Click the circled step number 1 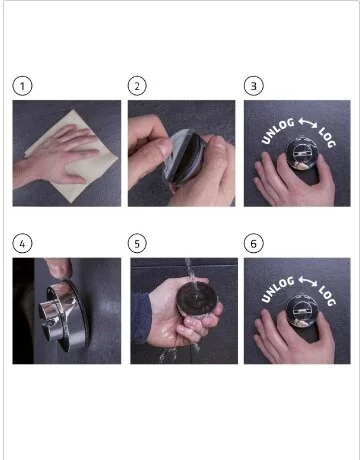click(x=22, y=86)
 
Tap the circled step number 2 click(x=137, y=86)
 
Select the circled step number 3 click(x=254, y=86)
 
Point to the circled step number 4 click(x=22, y=244)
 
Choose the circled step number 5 click(x=137, y=244)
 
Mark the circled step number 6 click(x=254, y=244)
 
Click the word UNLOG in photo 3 click(x=277, y=131)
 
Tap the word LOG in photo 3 click(x=327, y=137)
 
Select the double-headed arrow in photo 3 click(x=308, y=122)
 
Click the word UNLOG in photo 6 click(x=277, y=289)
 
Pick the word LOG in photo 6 click(x=327, y=296)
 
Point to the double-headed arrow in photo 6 click(x=308, y=281)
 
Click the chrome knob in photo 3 click(x=302, y=154)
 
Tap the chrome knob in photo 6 click(x=302, y=312)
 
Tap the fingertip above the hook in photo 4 click(x=59, y=268)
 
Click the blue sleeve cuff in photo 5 click(x=140, y=318)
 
